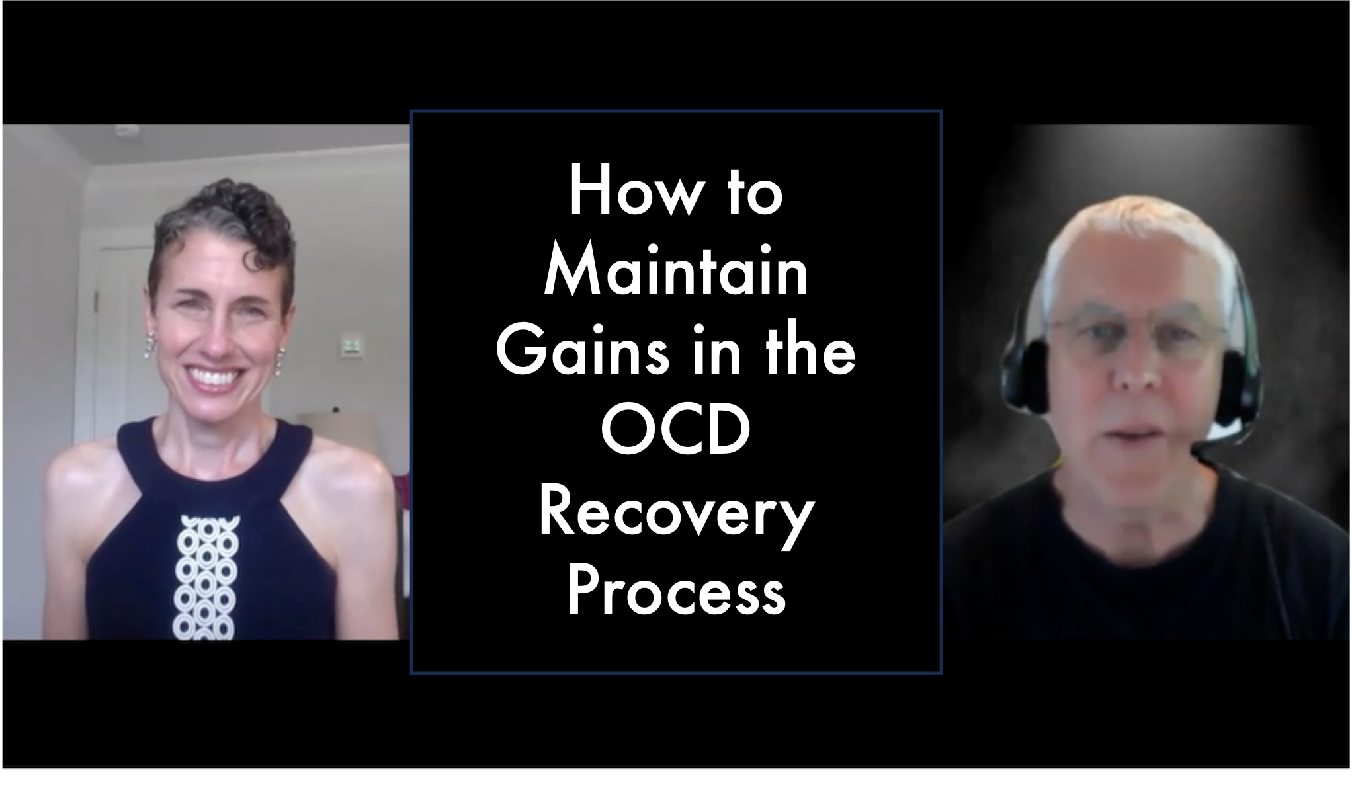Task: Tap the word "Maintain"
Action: [x=676, y=271]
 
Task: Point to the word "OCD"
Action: [x=676, y=431]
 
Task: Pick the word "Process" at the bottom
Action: [x=676, y=590]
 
